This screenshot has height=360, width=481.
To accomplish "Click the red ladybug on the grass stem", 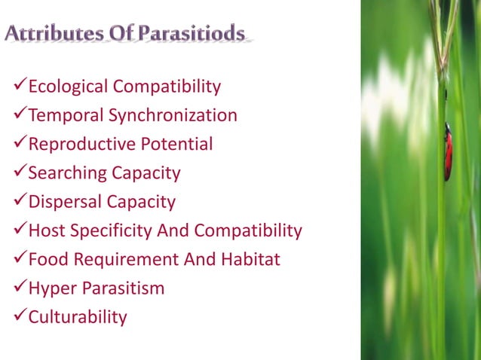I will click(x=448, y=152).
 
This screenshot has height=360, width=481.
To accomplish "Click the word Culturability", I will click(x=77, y=317).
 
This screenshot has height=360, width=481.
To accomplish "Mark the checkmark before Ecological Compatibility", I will click(x=18, y=87).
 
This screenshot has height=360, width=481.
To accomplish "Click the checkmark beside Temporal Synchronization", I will click(x=18, y=116).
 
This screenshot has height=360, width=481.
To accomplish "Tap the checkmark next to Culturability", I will click(x=18, y=317).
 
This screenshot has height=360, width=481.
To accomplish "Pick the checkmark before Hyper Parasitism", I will click(x=18, y=288).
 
